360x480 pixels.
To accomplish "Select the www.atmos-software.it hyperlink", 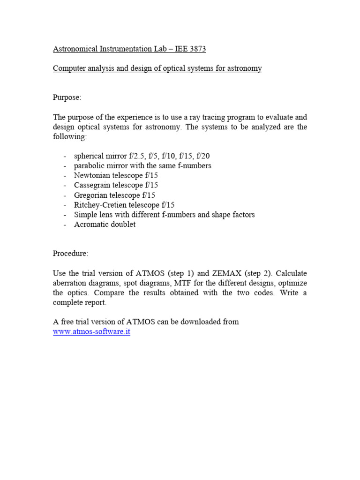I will tap(91, 331).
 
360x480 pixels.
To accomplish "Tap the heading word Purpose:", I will tap(67, 97).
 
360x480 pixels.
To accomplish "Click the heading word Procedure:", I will tap(70, 254).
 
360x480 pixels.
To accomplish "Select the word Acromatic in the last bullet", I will tap(91, 225).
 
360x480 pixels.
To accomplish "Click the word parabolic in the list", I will tap(89, 165).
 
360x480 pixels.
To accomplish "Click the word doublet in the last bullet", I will tap(123, 225).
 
